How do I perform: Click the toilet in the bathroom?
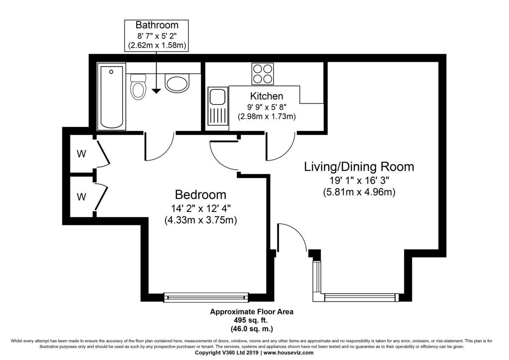[x=138, y=87]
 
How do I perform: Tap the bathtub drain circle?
[x=111, y=72]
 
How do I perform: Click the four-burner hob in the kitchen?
[x=263, y=74]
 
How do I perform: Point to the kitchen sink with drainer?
[x=218, y=106]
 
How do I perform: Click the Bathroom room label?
[x=157, y=25]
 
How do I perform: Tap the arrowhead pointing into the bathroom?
[x=157, y=91]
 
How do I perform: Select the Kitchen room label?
[x=266, y=96]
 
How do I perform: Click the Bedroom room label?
[x=201, y=195]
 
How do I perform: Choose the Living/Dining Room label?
[x=359, y=167]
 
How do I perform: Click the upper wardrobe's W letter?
[x=81, y=154]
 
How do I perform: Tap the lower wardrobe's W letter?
[x=81, y=197]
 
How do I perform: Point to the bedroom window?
[x=206, y=297]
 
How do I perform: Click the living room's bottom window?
[x=361, y=298]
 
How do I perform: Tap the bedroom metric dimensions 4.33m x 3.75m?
[x=201, y=220]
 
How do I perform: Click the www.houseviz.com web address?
[x=288, y=353]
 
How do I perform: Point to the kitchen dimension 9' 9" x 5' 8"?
[x=266, y=107]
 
